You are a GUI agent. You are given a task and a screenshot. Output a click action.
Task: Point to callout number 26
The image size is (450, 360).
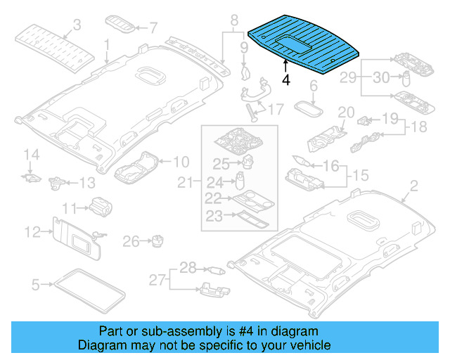coord(130,242)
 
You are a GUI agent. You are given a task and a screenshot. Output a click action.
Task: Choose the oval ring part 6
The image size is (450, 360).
coord(307,109)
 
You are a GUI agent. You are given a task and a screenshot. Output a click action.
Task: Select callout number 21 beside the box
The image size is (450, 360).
coord(185,183)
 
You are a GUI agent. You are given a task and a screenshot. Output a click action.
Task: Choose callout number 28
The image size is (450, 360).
coord(186,268)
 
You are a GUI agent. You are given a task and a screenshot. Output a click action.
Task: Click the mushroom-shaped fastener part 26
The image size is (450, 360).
coord(155,241)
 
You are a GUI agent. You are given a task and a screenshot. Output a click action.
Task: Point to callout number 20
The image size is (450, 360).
coord(346,112)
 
